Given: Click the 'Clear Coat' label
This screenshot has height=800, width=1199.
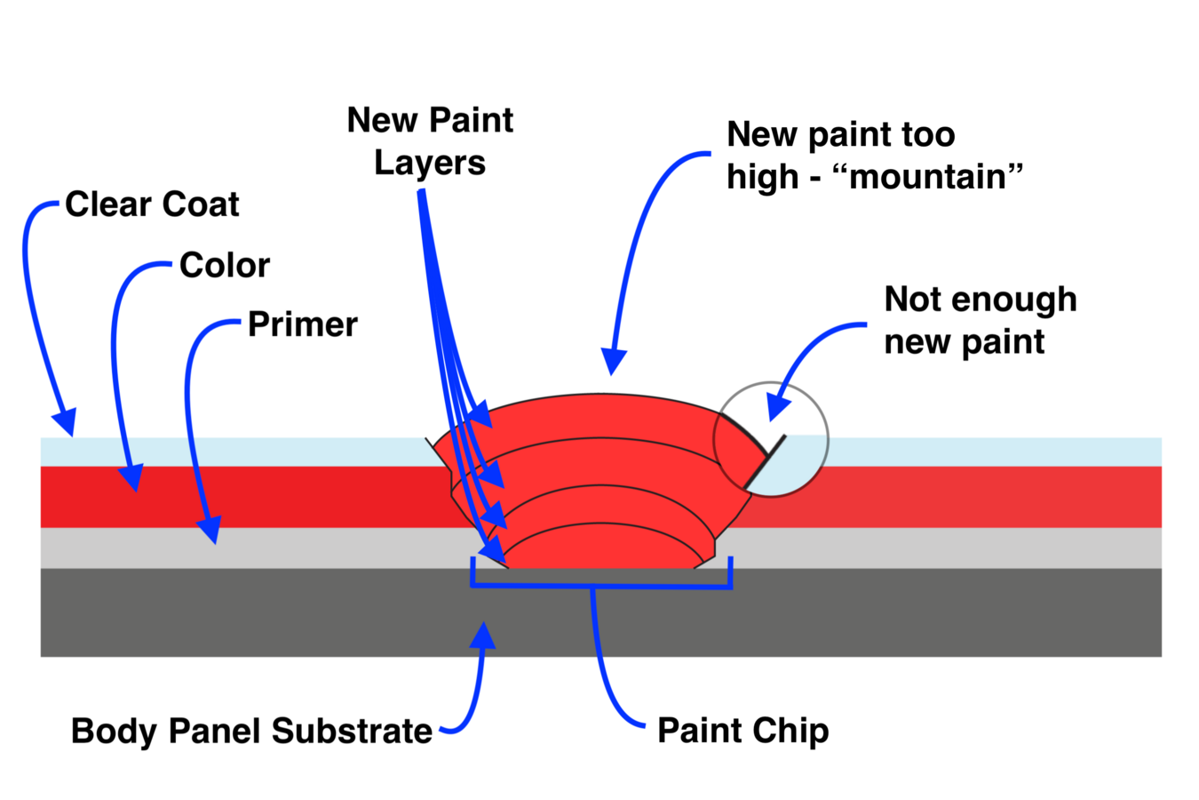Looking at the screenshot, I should [152, 204].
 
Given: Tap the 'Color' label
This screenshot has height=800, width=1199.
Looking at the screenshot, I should [225, 265].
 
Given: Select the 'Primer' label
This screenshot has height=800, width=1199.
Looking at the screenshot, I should [302, 324].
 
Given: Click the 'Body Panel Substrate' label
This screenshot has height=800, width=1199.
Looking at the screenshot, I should [251, 731].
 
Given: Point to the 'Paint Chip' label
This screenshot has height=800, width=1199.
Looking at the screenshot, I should [742, 731].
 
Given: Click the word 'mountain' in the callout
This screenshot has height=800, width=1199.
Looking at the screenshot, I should [928, 176].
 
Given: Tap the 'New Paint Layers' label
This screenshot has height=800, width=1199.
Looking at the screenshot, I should [430, 141].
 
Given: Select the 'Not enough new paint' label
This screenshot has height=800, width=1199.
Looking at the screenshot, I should [980, 320].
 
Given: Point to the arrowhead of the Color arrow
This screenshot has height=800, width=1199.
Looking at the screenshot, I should [131, 478].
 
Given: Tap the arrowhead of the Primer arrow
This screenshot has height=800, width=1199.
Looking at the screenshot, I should [210, 531].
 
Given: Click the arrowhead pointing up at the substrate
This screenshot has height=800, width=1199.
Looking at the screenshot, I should [482, 635].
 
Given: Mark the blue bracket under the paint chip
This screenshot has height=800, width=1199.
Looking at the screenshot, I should [601, 585].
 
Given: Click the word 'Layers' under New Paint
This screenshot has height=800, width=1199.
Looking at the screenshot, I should [430, 163].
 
